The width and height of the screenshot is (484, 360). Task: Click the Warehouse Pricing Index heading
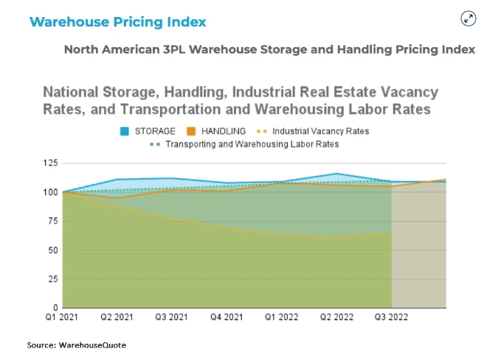(x=117, y=21)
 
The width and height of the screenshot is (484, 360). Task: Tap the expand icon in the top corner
(x=468, y=19)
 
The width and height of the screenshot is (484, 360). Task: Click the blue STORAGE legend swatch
(x=125, y=131)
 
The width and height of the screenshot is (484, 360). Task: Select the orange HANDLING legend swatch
(x=190, y=131)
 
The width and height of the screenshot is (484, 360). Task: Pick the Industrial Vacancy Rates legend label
(x=320, y=131)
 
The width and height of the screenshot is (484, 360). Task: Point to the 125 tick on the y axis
(x=51, y=163)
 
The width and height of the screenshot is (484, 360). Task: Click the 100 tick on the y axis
(x=51, y=192)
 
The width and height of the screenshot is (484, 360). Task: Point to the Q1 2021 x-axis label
(x=61, y=318)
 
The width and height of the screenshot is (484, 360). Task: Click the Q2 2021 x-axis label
(x=117, y=318)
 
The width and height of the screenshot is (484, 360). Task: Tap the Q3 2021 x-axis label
(x=171, y=318)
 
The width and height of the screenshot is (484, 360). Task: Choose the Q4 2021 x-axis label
(x=227, y=318)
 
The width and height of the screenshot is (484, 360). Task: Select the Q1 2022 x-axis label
(x=281, y=318)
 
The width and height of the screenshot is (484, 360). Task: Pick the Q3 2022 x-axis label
(x=391, y=318)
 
